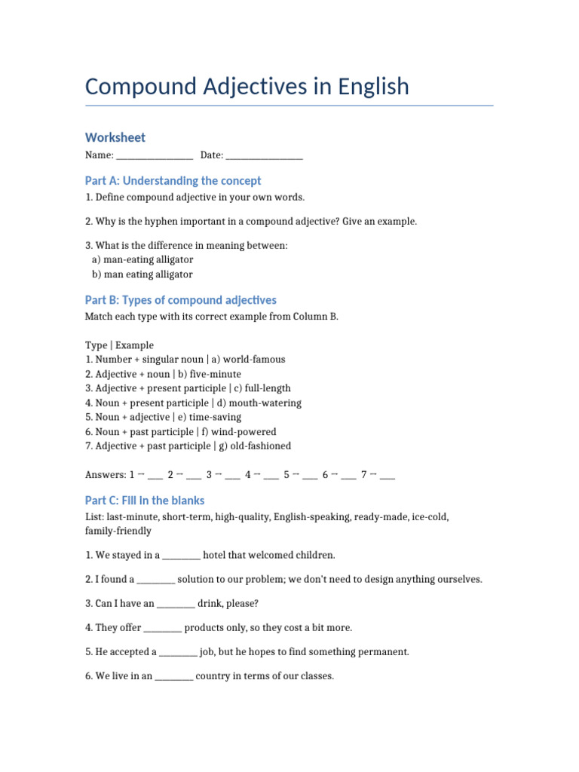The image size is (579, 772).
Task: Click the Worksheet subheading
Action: [115, 137]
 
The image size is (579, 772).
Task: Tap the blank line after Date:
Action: [264, 155]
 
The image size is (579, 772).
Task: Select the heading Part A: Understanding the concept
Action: [173, 181]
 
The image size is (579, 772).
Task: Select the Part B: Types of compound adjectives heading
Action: [180, 300]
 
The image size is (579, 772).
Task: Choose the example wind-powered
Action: [245, 432]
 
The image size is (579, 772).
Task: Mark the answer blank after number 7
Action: [388, 476]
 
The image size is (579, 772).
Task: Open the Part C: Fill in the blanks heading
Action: [144, 501]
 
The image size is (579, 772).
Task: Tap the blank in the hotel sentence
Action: [181, 556]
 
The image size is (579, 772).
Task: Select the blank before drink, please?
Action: [176, 605]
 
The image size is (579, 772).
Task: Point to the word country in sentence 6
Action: [213, 676]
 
